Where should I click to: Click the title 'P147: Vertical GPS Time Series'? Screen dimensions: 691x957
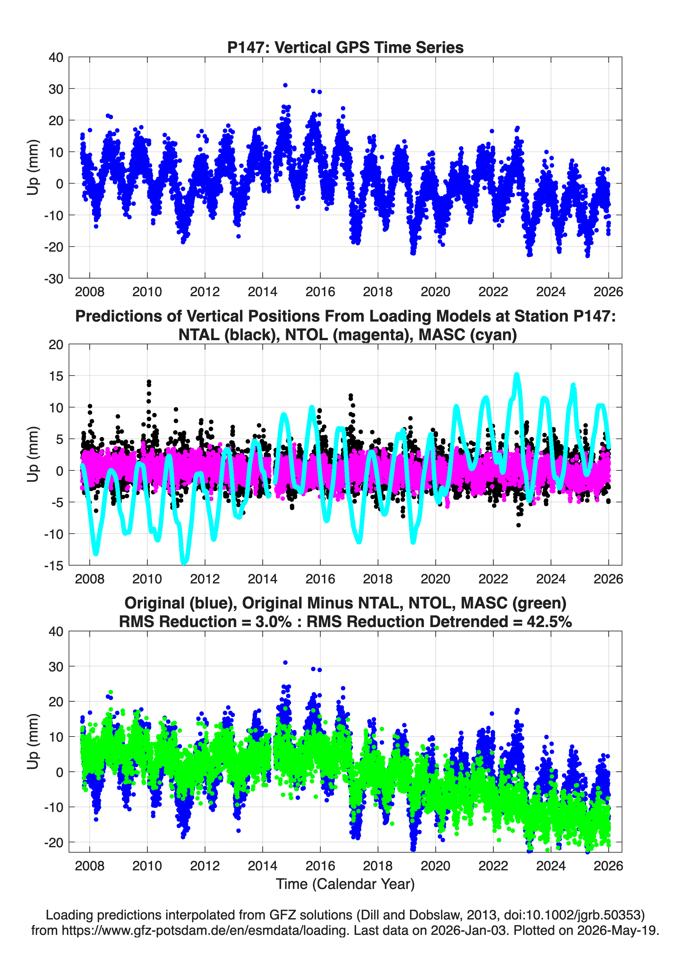[345, 47]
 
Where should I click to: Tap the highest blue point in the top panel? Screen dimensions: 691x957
[285, 85]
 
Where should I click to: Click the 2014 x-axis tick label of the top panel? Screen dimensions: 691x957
[262, 292]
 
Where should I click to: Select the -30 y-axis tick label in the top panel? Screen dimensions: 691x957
[54, 279]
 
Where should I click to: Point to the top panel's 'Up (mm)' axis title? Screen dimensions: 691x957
[33, 168]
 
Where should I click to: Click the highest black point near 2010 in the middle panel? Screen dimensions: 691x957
[149, 382]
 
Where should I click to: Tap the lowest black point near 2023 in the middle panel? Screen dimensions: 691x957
[518, 525]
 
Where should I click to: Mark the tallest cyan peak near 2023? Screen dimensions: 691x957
[517, 375]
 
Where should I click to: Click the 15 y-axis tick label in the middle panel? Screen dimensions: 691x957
[56, 375]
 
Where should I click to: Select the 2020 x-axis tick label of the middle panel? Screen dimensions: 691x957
[435, 579]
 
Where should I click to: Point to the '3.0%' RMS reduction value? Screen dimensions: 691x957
[273, 622]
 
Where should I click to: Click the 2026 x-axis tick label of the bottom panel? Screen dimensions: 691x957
[608, 866]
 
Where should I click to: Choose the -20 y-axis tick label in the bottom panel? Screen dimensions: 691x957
[54, 842]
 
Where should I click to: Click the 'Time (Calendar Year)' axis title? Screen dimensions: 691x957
[345, 884]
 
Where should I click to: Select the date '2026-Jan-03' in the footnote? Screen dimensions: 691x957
[468, 930]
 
